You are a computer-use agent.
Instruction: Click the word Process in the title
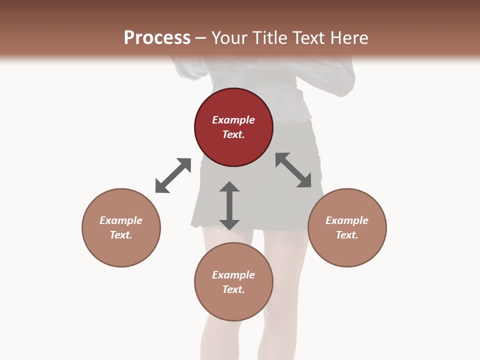click(157, 38)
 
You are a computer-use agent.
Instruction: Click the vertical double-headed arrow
click(229, 205)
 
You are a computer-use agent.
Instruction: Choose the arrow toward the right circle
click(293, 170)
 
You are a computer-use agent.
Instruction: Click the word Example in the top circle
click(233, 120)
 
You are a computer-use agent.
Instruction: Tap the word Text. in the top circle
click(233, 134)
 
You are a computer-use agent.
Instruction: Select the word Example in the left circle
click(121, 220)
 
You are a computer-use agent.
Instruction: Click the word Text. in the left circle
click(121, 235)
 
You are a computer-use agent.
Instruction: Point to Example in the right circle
click(347, 220)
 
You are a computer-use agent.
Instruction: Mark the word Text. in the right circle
click(347, 235)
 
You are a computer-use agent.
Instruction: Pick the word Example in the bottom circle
click(233, 275)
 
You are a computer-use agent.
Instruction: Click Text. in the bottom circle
click(233, 289)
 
